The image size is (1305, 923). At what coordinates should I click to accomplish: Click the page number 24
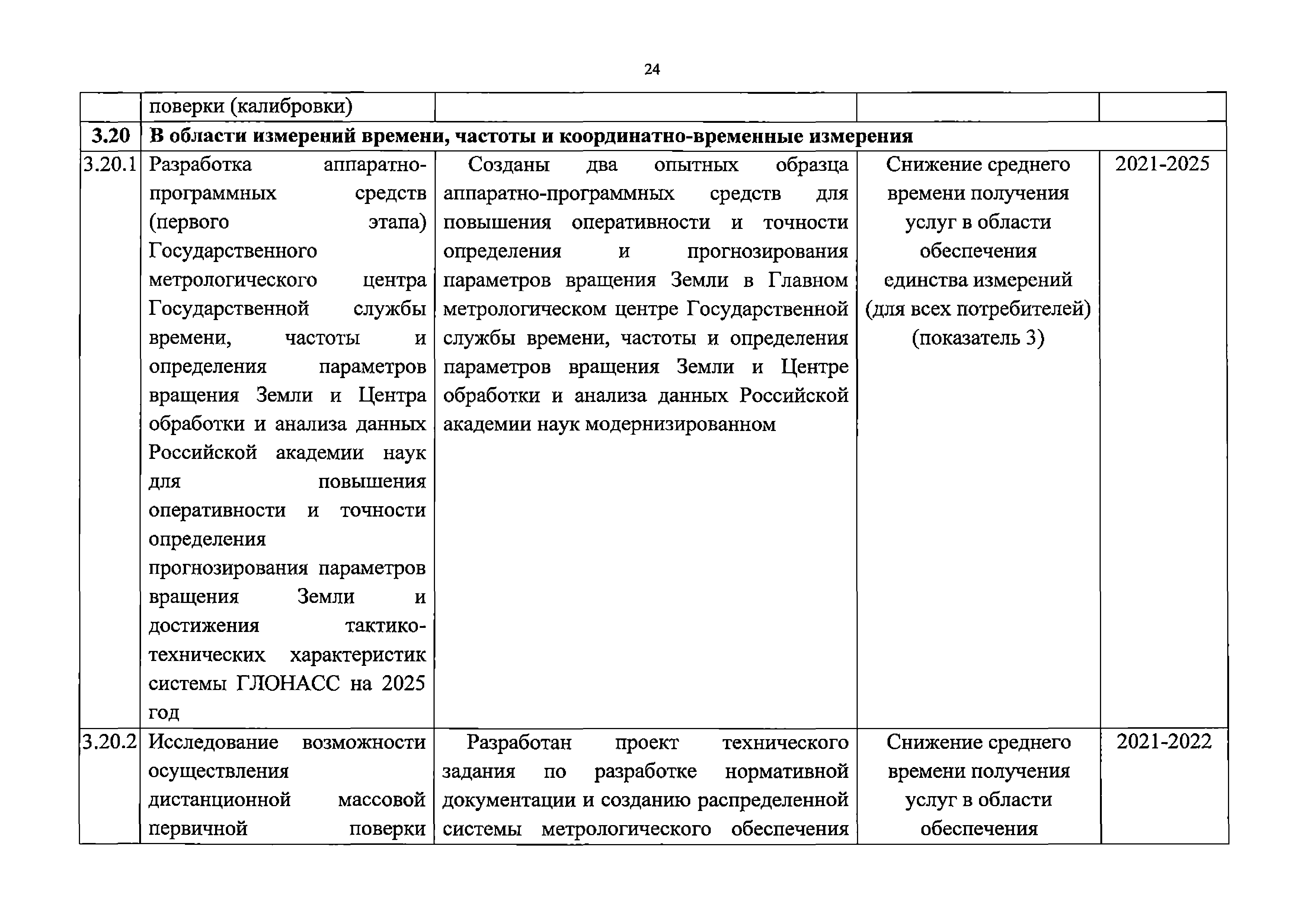(652, 69)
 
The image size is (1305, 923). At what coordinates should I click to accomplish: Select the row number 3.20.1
(110, 164)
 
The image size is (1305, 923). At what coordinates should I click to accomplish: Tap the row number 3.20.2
(110, 742)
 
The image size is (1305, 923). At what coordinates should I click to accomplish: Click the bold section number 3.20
(111, 136)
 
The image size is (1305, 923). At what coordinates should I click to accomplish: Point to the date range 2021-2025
(1162, 164)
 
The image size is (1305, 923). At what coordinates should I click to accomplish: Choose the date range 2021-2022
(1164, 742)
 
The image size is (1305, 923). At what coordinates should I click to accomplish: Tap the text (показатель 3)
(978, 338)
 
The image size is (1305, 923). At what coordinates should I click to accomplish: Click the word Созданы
(509, 165)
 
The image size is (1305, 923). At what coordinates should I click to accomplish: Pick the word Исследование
(214, 742)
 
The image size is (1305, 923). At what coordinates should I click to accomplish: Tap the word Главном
(808, 280)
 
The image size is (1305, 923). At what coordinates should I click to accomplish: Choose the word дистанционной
(220, 800)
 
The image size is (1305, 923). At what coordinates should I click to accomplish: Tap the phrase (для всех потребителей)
(978, 309)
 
